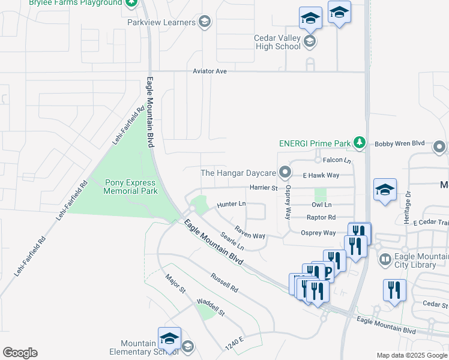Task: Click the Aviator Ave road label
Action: click(209, 71)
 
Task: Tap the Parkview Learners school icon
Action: click(205, 23)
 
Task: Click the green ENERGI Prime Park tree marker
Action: click(360, 142)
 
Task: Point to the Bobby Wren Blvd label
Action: click(399, 144)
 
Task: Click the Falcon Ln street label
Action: click(336, 160)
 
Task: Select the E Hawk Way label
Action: click(321, 175)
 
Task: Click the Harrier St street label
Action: click(264, 188)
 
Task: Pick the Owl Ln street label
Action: click(322, 205)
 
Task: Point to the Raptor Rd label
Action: click(321, 218)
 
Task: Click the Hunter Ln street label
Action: click(232, 205)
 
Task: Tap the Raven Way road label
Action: click(250, 232)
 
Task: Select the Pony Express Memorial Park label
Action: click(130, 187)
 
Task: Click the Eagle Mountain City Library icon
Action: click(385, 260)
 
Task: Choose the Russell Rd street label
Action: click(224, 283)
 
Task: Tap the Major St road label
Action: click(175, 285)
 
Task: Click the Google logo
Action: click(20, 352)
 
